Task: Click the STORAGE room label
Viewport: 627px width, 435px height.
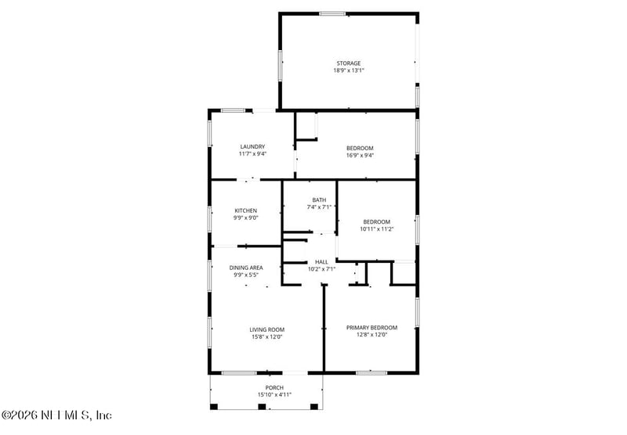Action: [349, 63]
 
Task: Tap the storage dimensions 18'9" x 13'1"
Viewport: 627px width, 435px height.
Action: [349, 70]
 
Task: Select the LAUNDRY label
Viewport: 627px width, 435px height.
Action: [252, 146]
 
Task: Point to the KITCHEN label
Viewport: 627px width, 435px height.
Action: [245, 210]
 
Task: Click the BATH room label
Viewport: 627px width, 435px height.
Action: [318, 200]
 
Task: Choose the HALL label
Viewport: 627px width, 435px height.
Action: [321, 262]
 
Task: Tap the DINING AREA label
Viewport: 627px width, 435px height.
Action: [246, 268]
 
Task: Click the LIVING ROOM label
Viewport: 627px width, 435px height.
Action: [267, 329]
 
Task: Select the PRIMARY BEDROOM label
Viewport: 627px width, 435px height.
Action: [371, 328]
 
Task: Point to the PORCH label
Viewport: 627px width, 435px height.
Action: [274, 387]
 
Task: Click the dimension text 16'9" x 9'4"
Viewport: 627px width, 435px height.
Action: [360, 155]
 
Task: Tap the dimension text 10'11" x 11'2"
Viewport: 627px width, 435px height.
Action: [375, 229]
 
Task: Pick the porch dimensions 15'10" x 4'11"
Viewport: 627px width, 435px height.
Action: [274, 394]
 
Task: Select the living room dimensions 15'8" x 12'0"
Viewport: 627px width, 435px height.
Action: [267, 337]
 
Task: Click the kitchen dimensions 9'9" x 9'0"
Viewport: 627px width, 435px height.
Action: [245, 218]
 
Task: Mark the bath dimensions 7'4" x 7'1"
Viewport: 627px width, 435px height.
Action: [318, 207]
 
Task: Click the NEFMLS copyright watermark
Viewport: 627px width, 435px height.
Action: [56, 415]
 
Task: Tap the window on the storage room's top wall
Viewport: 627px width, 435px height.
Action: [332, 13]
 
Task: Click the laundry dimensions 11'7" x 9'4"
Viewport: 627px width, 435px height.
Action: [252, 154]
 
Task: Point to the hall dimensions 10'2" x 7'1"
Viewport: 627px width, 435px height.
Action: [321, 269]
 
